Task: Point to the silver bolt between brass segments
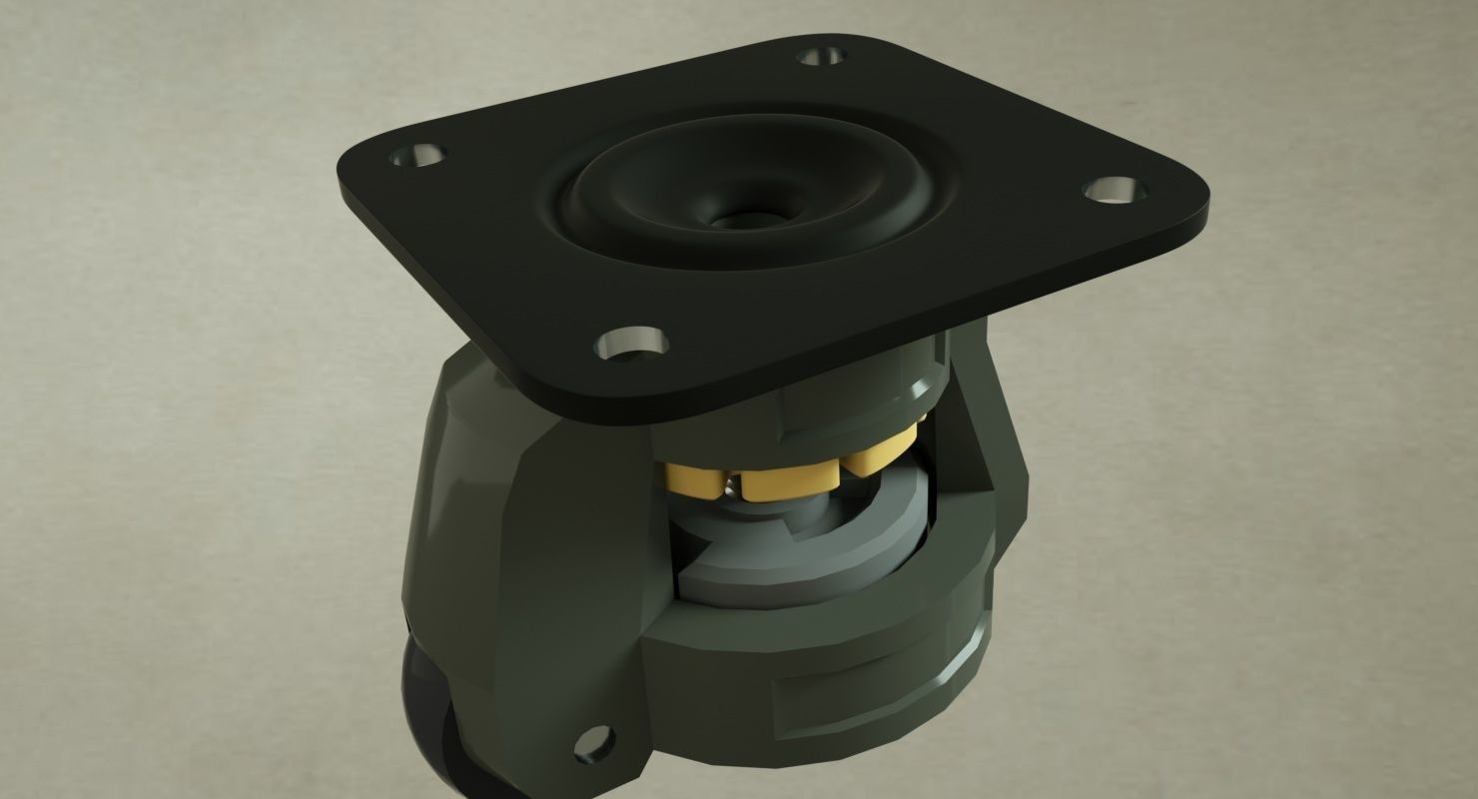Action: point(737,487)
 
